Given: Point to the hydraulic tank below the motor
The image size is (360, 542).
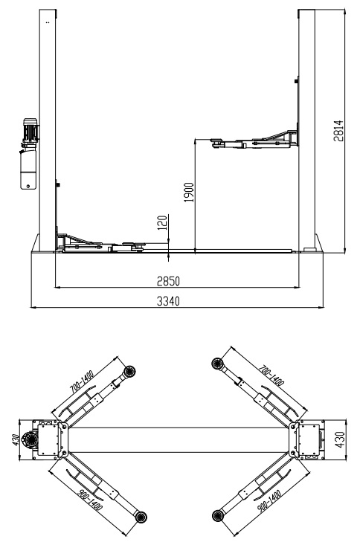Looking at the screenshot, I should point(28,167).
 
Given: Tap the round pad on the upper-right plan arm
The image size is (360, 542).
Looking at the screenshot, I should point(218,363).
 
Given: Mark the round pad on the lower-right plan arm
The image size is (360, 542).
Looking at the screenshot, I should point(218,514).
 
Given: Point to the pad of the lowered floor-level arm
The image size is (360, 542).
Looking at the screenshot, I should point(128,242).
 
